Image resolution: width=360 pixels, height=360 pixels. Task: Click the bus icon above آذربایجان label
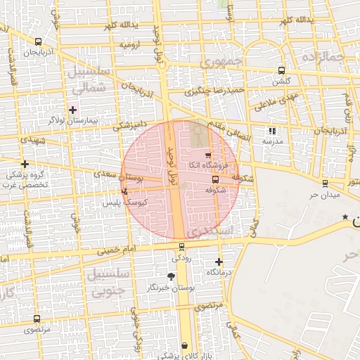tap(38, 41)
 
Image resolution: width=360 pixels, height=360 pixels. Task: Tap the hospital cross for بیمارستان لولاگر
tap(72, 110)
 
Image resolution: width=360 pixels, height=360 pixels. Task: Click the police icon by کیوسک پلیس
tap(125, 191)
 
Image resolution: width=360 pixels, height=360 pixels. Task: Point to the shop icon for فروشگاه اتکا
tap(207, 155)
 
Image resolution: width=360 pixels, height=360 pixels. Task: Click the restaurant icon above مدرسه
tap(272, 130)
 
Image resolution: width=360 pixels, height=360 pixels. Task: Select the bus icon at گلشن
tap(281, 70)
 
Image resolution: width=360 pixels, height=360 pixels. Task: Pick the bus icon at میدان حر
tap(324, 184)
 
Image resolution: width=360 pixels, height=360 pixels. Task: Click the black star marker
tap(345, 217)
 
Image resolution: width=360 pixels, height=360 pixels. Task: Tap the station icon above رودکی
tap(182, 246)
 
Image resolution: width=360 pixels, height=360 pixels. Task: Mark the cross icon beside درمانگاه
tap(219, 262)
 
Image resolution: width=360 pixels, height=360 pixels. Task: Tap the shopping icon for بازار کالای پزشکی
tap(184, 345)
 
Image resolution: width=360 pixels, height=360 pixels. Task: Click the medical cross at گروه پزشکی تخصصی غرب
tap(25, 164)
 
